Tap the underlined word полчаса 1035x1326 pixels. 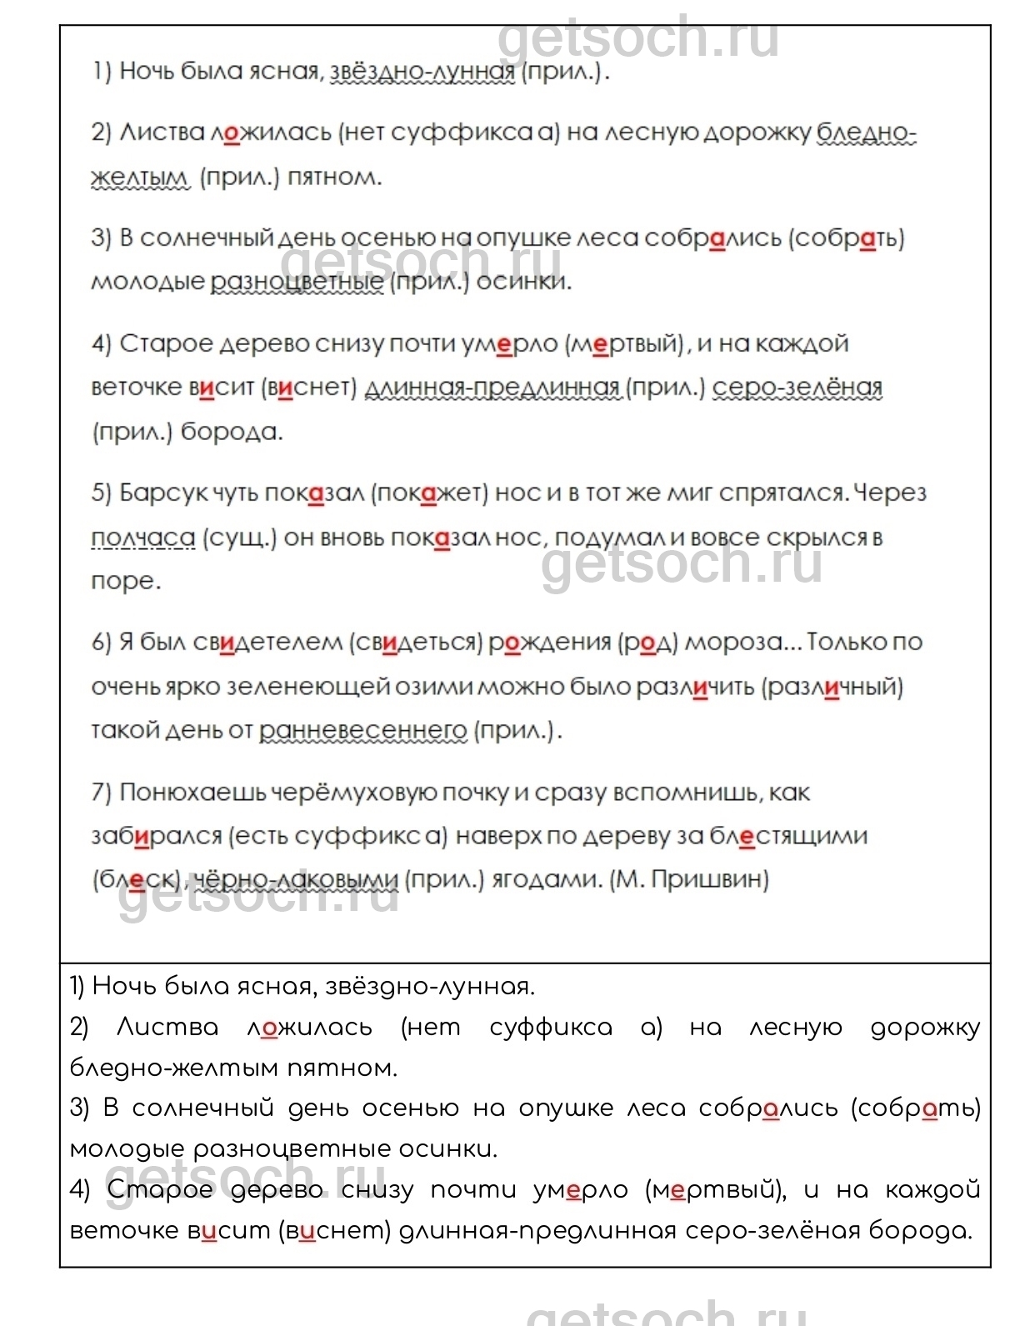click(142, 538)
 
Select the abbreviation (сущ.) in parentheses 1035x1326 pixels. click(239, 538)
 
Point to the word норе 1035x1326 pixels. click(125, 582)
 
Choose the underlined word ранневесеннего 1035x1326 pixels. click(362, 731)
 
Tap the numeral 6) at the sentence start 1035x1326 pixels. click(101, 643)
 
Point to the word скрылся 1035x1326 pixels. click(817, 538)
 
